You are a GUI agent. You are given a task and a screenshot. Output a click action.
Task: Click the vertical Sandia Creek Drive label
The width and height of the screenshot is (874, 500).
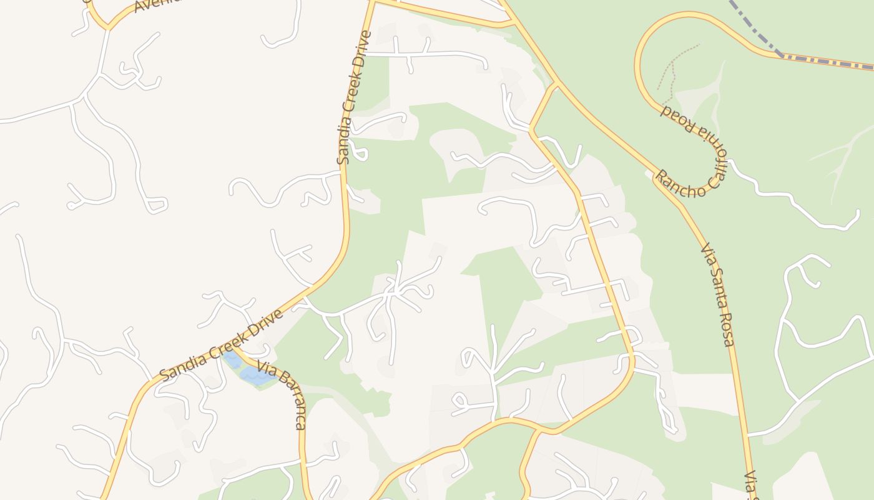354,97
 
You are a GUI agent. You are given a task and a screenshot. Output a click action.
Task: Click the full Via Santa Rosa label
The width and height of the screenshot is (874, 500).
717,295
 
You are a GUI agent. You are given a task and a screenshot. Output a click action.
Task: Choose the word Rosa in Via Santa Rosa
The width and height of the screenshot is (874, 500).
727,331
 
